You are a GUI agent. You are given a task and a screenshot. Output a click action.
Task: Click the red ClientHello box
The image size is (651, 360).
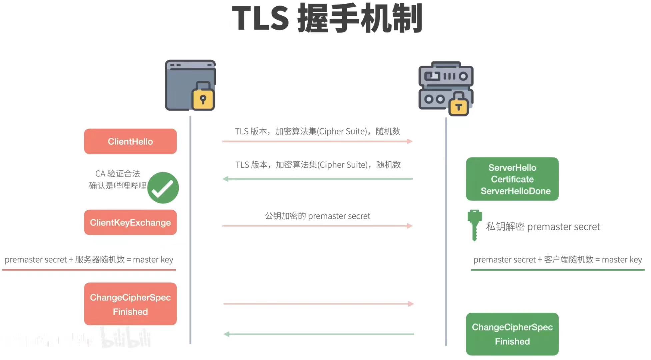[x=130, y=141]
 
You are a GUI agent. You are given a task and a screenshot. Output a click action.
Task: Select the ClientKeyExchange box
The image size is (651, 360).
[x=130, y=222]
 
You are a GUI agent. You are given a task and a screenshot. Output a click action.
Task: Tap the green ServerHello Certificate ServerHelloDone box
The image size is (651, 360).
[x=512, y=179]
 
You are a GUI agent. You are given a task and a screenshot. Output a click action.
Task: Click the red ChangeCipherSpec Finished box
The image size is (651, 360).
[x=130, y=304]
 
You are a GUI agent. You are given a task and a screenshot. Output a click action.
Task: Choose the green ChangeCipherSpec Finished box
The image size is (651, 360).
[x=512, y=334]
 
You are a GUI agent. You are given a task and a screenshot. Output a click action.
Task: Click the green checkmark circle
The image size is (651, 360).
[x=163, y=188]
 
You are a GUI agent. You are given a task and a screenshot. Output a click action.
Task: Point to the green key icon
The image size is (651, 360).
[x=474, y=225]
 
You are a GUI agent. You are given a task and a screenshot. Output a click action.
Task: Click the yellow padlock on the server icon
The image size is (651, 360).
[x=459, y=105]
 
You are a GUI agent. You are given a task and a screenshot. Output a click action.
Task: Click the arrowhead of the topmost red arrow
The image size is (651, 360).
[x=410, y=141]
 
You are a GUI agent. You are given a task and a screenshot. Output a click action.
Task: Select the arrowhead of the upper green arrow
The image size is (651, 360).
[x=226, y=179]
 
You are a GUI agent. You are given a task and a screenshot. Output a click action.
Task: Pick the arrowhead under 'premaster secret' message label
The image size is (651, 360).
[x=410, y=226]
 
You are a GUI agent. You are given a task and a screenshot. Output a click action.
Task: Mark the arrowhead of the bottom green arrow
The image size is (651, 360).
[x=227, y=334]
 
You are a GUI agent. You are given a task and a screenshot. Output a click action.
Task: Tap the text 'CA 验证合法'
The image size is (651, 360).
[x=118, y=174]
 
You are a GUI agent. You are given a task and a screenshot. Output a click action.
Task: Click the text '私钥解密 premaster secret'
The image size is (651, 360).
[x=543, y=227]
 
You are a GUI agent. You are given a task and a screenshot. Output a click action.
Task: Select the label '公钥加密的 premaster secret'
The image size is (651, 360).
[x=317, y=216]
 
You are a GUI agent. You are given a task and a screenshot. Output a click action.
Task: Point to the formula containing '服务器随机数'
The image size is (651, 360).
[x=89, y=260]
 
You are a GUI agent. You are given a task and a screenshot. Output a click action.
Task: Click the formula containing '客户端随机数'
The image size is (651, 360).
[x=557, y=260]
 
